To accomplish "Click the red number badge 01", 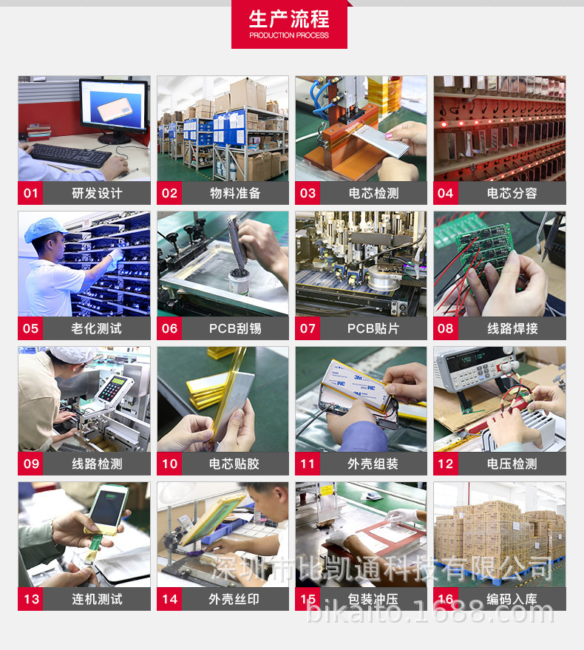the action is (30, 193).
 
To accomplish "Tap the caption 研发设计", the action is (97, 193).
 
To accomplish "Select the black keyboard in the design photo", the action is (70, 155).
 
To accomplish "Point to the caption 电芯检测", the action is (373, 193).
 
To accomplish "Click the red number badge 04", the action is (446, 193).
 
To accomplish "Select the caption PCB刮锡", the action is (235, 329).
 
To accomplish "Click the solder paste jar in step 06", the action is (240, 281).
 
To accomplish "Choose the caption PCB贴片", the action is (373, 329).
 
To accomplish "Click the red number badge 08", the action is (446, 329).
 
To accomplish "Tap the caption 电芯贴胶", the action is (234, 464).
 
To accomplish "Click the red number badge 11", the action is (308, 464).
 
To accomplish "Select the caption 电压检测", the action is (512, 464).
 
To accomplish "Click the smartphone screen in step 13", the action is (106, 508).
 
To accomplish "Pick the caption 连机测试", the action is (97, 599).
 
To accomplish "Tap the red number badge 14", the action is (169, 599).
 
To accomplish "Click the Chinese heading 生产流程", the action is (289, 18).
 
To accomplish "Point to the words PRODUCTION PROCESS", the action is (289, 35).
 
